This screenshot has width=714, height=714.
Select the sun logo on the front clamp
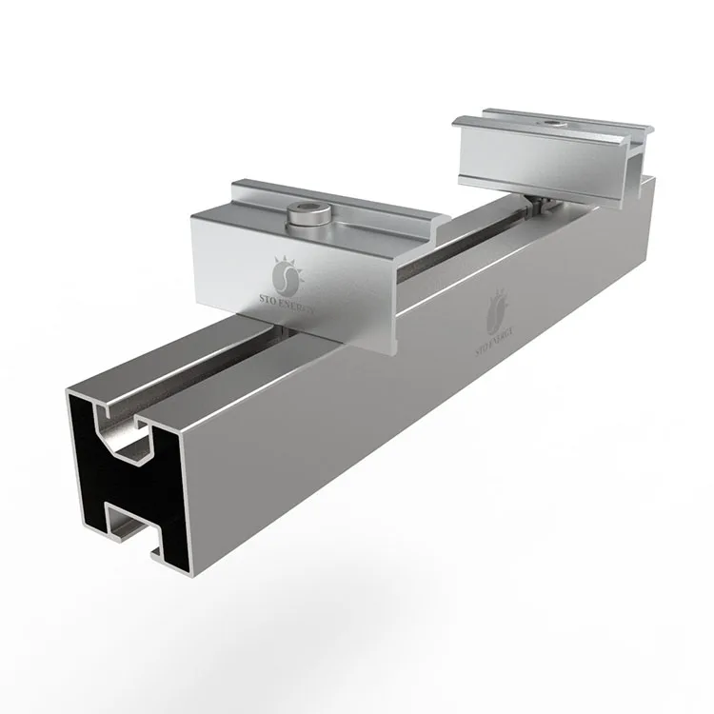click(x=284, y=277)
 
